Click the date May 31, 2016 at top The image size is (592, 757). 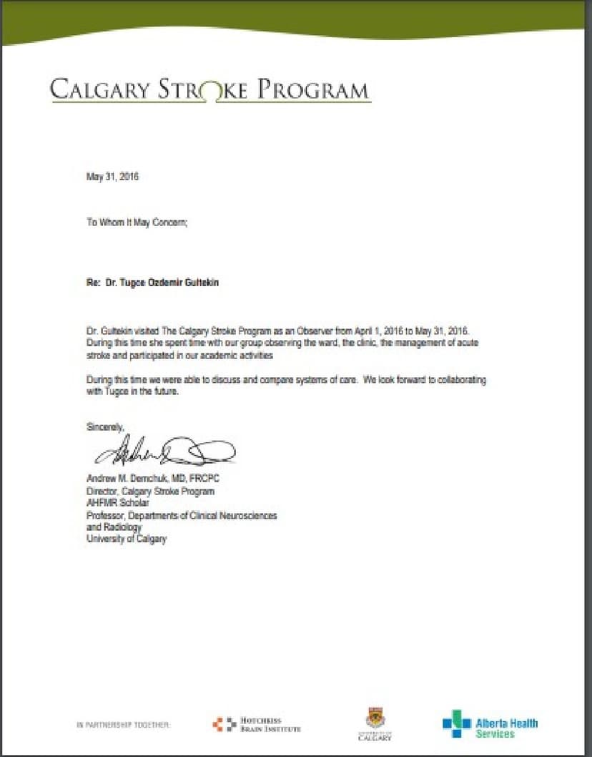click(x=112, y=177)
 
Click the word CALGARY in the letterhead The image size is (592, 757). click(x=100, y=91)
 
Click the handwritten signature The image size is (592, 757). click(x=164, y=451)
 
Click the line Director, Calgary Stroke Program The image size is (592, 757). click(x=150, y=492)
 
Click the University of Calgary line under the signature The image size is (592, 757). click(x=126, y=539)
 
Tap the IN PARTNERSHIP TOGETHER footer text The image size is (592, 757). click(x=123, y=725)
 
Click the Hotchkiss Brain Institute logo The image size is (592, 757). click(x=256, y=724)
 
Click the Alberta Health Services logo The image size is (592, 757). click(x=490, y=723)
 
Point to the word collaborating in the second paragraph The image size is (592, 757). click(x=458, y=380)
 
